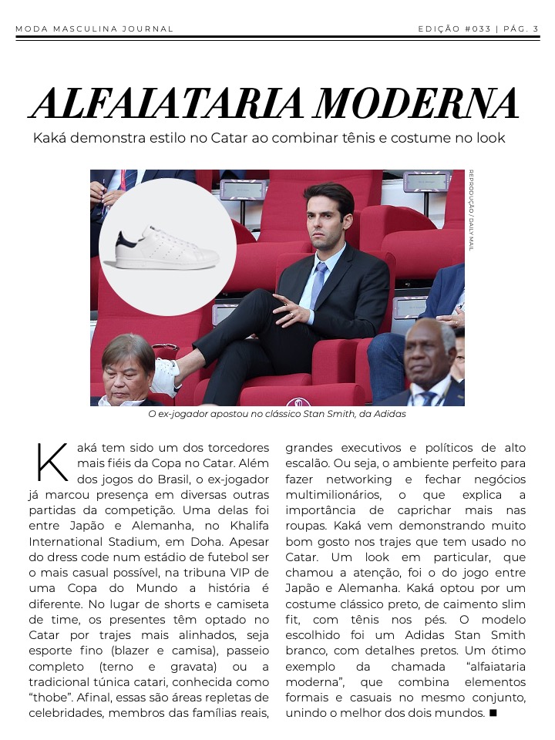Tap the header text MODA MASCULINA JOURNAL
(94, 29)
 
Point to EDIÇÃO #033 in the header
(454, 29)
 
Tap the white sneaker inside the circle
(162, 251)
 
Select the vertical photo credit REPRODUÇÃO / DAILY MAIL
(471, 210)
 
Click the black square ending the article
(493, 713)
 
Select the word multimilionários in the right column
(333, 494)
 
